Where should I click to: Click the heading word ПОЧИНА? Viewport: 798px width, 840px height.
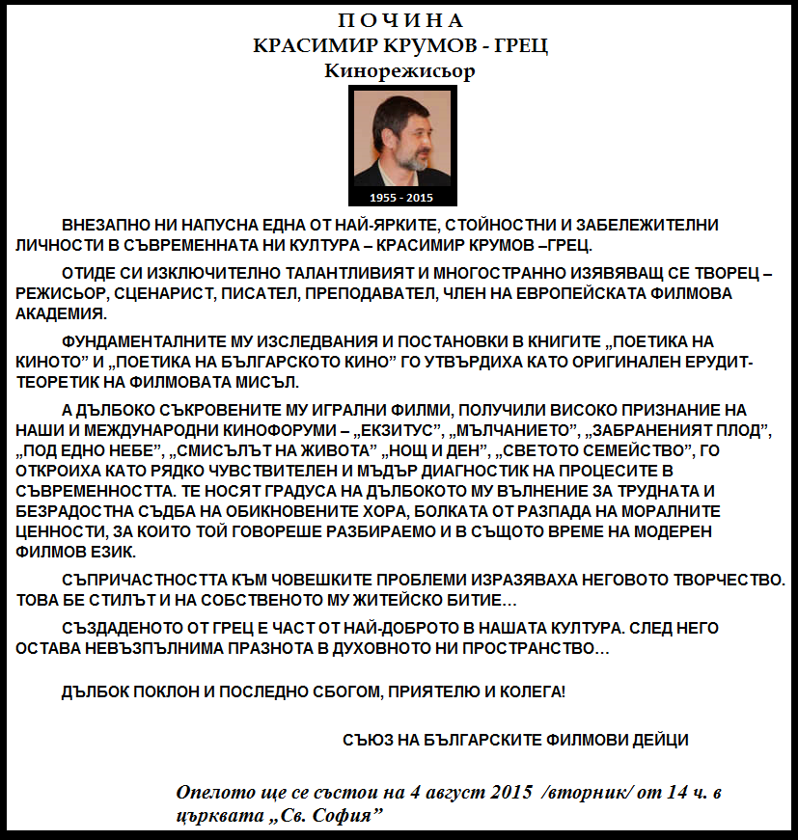pyautogui.click(x=400, y=20)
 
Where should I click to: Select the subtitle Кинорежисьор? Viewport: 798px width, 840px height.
pyautogui.click(x=400, y=71)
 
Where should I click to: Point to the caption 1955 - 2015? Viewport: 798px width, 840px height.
pyautogui.click(x=401, y=198)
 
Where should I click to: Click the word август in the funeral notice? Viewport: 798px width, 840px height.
pyautogui.click(x=452, y=793)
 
